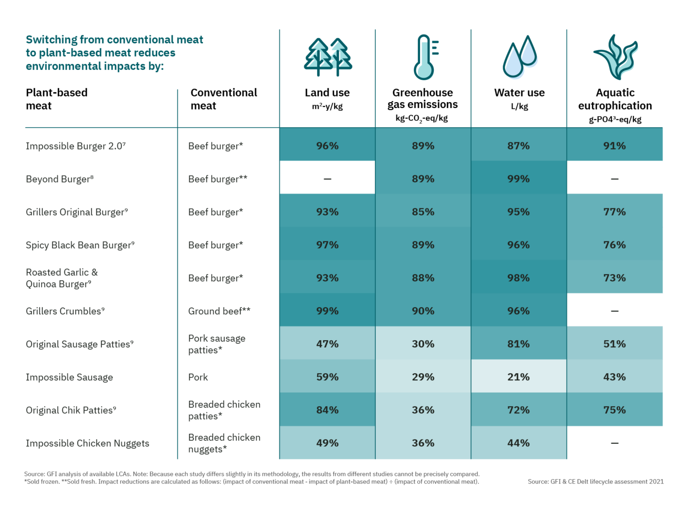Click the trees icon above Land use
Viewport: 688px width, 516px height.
(x=328, y=57)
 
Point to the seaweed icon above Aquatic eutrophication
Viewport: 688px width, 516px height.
(x=615, y=57)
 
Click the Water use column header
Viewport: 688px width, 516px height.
(x=519, y=93)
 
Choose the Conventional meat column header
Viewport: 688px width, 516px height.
(x=224, y=99)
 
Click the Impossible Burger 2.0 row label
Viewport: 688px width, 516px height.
(x=75, y=146)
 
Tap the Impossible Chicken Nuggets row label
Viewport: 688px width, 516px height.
(x=87, y=443)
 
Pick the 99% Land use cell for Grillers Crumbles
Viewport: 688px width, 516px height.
(x=327, y=311)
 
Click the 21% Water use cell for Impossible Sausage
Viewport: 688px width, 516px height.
(x=518, y=377)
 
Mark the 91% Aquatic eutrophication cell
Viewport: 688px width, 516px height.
(x=614, y=146)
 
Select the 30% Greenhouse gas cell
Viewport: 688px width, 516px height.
(x=423, y=344)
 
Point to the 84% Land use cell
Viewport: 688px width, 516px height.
(x=327, y=410)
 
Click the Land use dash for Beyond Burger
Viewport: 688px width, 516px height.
(x=327, y=179)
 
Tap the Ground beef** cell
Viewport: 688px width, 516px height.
(x=219, y=311)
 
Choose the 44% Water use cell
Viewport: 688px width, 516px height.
(x=518, y=443)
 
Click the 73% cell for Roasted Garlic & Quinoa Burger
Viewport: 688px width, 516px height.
(x=614, y=278)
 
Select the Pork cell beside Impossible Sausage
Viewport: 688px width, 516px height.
(x=198, y=377)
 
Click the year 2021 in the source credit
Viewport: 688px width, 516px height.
(x=656, y=482)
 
